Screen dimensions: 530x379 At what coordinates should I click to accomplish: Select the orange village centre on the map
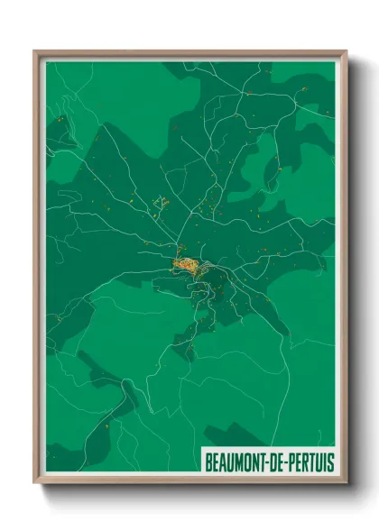coord(186,264)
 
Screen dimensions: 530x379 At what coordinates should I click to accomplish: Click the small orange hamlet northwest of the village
coord(162,202)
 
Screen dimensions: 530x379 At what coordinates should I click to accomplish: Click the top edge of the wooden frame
coord(189,53)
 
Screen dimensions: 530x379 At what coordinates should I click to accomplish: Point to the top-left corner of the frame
coord(37,53)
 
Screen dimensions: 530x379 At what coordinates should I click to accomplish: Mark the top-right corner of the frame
coord(344,53)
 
